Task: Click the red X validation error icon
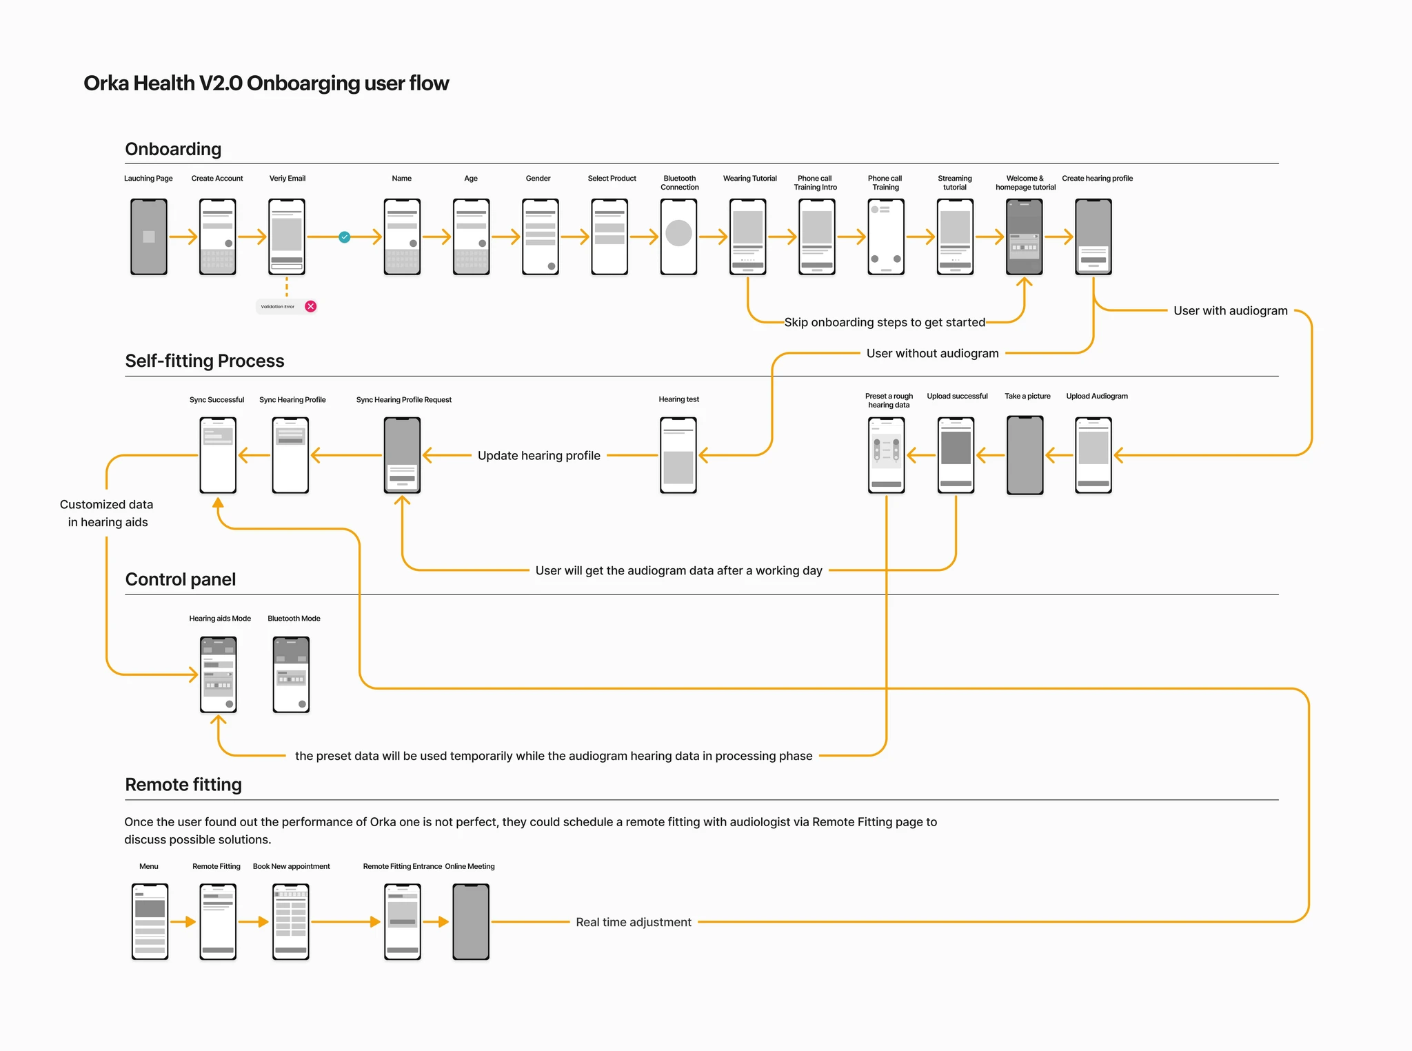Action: [x=311, y=306]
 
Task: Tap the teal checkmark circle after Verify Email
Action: [x=345, y=237]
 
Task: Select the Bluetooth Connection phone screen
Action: [x=678, y=237]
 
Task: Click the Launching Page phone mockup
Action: [x=149, y=237]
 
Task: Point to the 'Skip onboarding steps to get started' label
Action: [x=885, y=322]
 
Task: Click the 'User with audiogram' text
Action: [x=1230, y=310]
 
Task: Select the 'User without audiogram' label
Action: [x=932, y=353]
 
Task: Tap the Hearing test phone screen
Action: [x=678, y=455]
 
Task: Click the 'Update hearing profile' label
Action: [x=538, y=455]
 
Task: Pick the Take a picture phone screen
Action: [x=1025, y=455]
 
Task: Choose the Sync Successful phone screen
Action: [x=218, y=455]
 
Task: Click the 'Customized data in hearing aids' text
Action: [x=107, y=513]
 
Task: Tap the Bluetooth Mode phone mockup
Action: [x=291, y=674]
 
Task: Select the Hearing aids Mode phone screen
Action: [x=218, y=674]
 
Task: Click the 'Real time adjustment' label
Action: [x=633, y=922]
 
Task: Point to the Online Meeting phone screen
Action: [x=471, y=922]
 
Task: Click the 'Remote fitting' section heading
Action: [x=183, y=785]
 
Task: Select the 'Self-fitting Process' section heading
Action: [x=204, y=361]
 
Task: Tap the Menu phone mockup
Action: [x=150, y=922]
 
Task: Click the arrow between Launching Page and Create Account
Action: [x=183, y=237]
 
